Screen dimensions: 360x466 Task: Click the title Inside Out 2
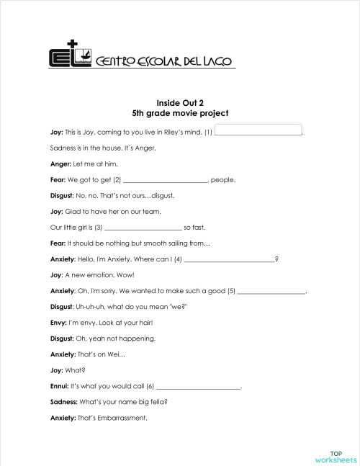(x=180, y=103)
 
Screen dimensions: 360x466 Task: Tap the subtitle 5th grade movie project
(x=180, y=113)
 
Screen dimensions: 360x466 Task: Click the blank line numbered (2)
(x=165, y=180)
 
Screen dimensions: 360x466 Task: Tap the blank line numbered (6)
(x=197, y=387)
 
